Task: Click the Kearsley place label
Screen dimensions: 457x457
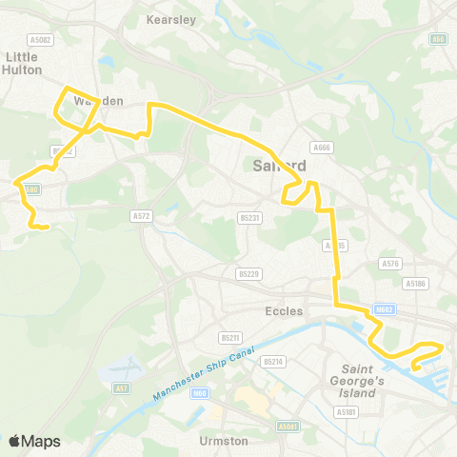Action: (171, 18)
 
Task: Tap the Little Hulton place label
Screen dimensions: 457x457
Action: (22, 63)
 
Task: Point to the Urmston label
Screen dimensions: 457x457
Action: (225, 441)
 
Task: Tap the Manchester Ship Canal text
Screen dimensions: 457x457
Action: (200, 374)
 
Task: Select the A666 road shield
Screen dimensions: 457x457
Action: (320, 147)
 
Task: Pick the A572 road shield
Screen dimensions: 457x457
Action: (142, 216)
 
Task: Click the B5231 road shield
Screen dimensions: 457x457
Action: (249, 218)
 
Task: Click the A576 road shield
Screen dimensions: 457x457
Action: (389, 263)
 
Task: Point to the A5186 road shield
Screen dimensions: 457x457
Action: (414, 283)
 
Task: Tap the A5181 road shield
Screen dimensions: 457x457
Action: (346, 412)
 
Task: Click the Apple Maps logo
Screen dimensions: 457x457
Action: (34, 441)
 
